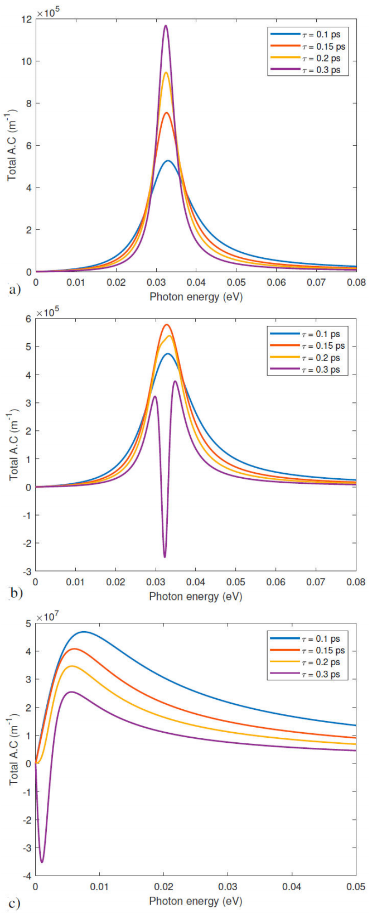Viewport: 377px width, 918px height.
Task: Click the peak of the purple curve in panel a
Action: [x=166, y=26]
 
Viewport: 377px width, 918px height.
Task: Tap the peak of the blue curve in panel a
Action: [x=168, y=161]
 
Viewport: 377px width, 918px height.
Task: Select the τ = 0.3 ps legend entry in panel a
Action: [x=321, y=70]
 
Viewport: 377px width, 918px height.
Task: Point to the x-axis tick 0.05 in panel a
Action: [x=236, y=282]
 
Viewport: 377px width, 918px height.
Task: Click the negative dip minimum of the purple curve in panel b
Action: [x=165, y=556]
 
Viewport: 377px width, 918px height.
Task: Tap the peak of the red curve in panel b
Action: [x=166, y=325]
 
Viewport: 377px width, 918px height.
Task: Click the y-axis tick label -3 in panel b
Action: [x=26, y=571]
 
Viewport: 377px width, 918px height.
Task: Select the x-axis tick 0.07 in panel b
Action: [x=316, y=582]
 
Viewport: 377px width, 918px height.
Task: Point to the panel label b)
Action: [x=16, y=592]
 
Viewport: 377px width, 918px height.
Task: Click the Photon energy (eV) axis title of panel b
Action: [x=196, y=596]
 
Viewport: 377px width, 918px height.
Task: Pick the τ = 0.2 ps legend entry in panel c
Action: [x=321, y=662]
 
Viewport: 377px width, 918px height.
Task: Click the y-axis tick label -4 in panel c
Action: [x=26, y=876]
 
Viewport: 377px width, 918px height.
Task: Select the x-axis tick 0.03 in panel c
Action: [x=228, y=887]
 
